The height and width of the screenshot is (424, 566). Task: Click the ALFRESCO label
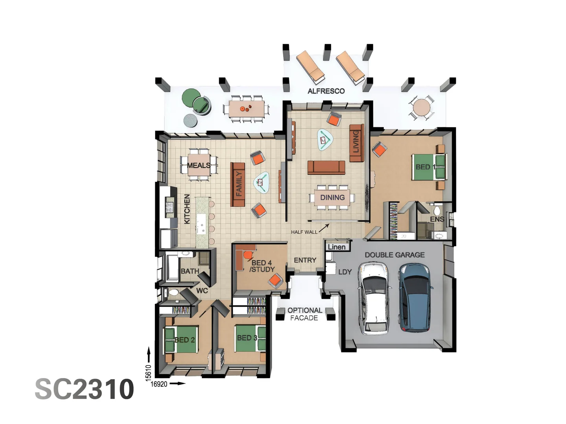[x=326, y=91]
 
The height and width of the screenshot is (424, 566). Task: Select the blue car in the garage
[x=415, y=297]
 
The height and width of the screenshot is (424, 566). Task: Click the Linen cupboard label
[x=336, y=247]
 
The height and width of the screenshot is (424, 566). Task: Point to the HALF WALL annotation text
[x=304, y=232]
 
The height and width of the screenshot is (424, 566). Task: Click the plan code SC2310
[x=85, y=389]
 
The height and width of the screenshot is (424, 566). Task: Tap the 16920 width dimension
[x=159, y=384]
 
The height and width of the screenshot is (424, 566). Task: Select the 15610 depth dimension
[x=148, y=373]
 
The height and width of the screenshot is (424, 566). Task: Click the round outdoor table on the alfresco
[x=421, y=108]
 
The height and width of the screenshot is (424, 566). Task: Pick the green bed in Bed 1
[x=429, y=167]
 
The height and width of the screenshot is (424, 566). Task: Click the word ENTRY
[x=305, y=260]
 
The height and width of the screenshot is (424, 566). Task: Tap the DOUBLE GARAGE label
[x=395, y=255]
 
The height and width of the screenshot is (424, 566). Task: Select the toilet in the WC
[x=173, y=292]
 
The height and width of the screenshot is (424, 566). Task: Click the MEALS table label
[x=198, y=165]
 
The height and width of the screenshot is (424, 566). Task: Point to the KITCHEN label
[x=187, y=209]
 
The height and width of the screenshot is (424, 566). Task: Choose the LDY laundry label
[x=345, y=272]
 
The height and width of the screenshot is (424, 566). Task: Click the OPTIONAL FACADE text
[x=305, y=314]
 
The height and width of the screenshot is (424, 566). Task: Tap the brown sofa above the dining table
[x=326, y=168]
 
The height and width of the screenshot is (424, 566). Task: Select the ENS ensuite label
[x=437, y=219]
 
